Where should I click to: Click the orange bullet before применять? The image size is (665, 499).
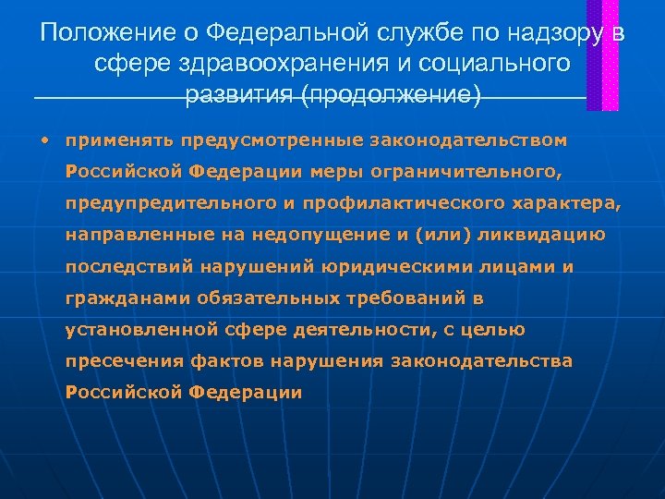click(43, 141)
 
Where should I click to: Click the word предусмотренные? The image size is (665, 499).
click(272, 141)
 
